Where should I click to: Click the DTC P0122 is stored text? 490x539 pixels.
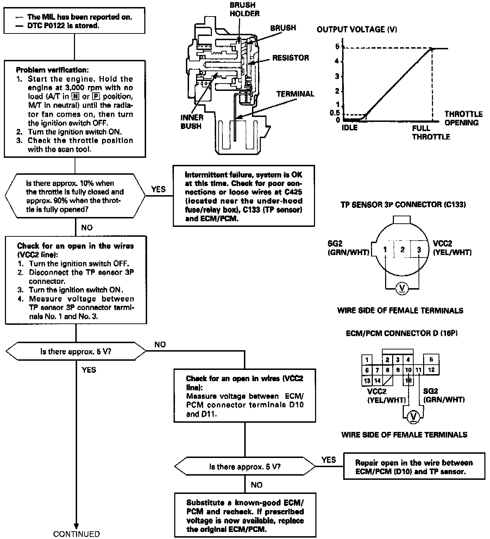point(63,26)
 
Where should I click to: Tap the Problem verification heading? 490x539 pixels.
point(52,70)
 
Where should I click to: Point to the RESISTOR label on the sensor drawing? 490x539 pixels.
point(290,58)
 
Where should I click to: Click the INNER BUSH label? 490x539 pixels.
point(192,122)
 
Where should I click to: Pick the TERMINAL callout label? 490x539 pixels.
point(295,94)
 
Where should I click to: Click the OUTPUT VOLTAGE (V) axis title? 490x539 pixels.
point(357,30)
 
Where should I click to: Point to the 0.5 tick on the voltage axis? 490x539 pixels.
point(335,113)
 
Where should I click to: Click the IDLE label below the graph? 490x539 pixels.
point(350,128)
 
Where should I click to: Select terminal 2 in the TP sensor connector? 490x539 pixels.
point(402,249)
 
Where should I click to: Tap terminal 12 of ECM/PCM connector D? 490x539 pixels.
point(431,370)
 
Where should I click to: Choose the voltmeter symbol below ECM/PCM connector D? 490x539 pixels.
point(413,417)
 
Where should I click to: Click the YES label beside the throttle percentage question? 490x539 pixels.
point(158,190)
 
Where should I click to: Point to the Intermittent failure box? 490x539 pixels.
point(244,196)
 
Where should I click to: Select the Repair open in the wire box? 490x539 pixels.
point(414,467)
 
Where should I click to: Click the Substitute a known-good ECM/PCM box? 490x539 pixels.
point(245,515)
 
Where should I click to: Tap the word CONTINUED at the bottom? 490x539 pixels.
point(76,534)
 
